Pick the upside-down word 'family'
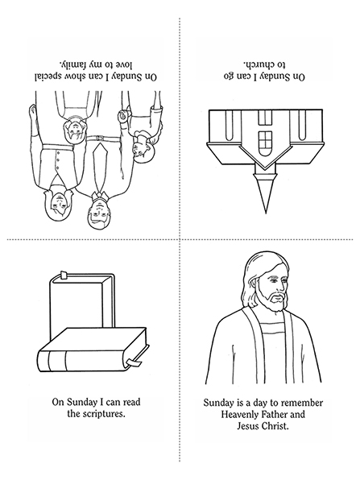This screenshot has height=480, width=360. coord(72,64)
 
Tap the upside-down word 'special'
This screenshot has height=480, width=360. coord(50,77)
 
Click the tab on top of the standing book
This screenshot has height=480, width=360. coord(64,275)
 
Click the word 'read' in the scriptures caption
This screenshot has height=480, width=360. coord(131,402)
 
